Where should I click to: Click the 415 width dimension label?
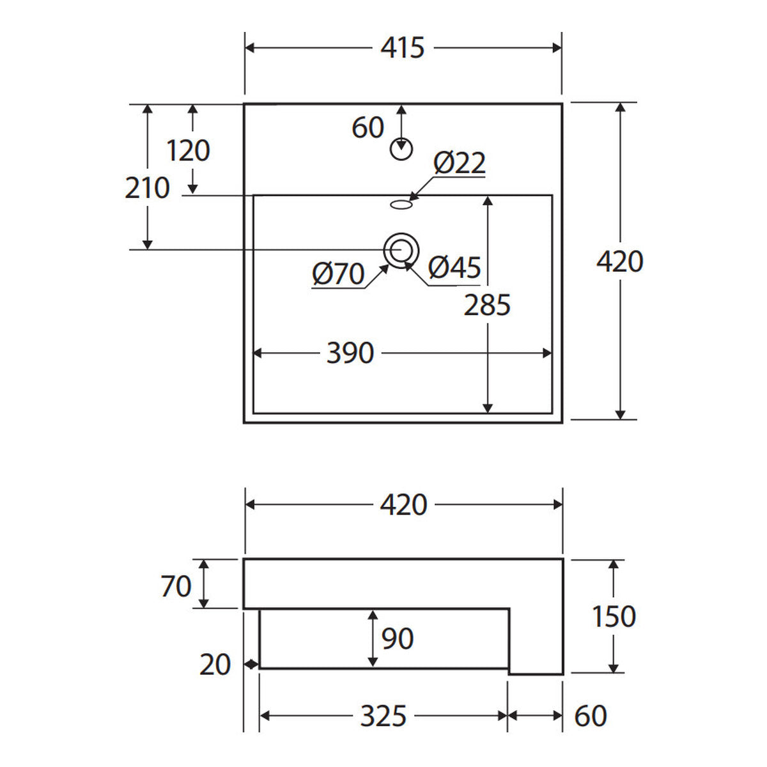tap(403, 48)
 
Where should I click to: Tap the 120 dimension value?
tap(189, 150)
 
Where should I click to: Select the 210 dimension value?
tap(147, 188)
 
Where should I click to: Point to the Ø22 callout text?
tap(460, 162)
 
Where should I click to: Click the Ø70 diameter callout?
tap(338, 274)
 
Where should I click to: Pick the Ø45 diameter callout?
tap(454, 267)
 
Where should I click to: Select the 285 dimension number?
tap(487, 306)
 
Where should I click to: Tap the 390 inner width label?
tap(350, 353)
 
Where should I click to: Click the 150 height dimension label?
tap(614, 617)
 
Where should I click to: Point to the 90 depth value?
tap(398, 639)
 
